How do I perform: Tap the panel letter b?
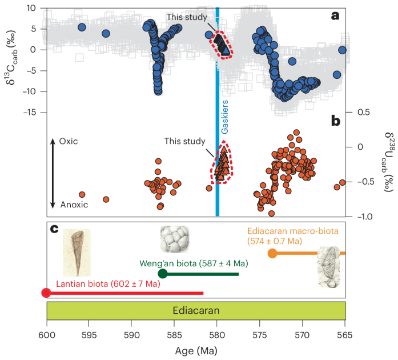pyautogui.click(x=336, y=121)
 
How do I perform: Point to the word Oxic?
pyautogui.click(x=67, y=141)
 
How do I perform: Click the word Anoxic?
pyautogui.click(x=72, y=204)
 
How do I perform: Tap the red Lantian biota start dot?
pyautogui.click(x=46, y=293)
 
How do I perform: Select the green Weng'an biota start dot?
pyautogui.click(x=162, y=274)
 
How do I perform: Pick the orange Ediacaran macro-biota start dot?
pyautogui.click(x=273, y=253)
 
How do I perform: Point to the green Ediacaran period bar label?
pyautogui.click(x=196, y=310)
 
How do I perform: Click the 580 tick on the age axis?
pyautogui.click(x=216, y=333)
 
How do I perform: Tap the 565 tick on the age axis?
pyautogui.click(x=345, y=333)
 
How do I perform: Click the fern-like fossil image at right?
pyautogui.click(x=330, y=266)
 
